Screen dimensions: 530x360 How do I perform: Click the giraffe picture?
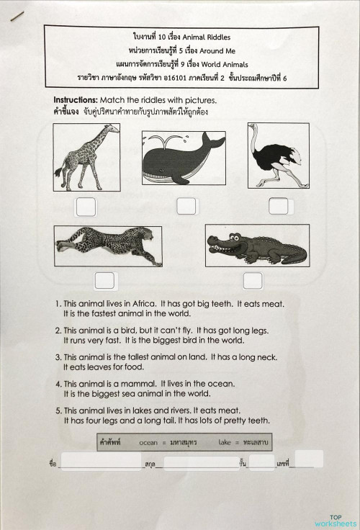click(86, 156)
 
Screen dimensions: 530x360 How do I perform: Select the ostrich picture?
click(277, 155)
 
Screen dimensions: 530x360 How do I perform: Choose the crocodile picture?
click(256, 246)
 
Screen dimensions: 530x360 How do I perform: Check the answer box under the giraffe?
click(86, 207)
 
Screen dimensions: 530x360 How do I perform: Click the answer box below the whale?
click(186, 207)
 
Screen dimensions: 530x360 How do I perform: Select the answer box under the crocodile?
click(253, 280)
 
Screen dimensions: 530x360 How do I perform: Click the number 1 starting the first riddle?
click(58, 305)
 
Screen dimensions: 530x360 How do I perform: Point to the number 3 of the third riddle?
click(58, 357)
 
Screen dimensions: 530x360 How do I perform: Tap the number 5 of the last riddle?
click(58, 410)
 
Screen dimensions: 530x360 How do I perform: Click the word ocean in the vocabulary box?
click(150, 442)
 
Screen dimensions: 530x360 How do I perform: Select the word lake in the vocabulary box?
click(225, 442)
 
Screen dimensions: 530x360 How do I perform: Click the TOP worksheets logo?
click(335, 520)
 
